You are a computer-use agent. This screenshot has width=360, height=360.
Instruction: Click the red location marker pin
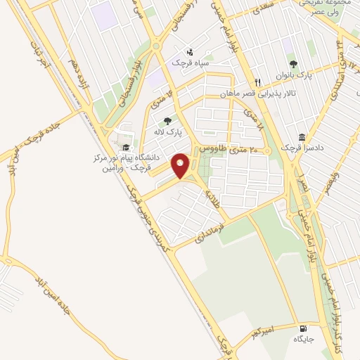coord(181,165)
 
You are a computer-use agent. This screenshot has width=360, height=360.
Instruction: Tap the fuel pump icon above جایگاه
coord(303,328)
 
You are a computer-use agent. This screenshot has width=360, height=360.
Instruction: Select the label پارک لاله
coord(169,131)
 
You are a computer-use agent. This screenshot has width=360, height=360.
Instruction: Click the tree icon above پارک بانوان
coord(303,64)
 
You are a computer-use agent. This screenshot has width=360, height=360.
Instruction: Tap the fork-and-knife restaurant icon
coord(259,82)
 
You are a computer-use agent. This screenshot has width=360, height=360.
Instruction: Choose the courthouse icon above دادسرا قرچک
coord(302,136)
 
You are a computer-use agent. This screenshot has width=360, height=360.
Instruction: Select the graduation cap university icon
coord(126,148)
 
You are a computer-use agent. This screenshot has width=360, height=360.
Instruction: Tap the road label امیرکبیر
coord(284,329)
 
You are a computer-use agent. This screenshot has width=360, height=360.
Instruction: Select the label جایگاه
coord(303,340)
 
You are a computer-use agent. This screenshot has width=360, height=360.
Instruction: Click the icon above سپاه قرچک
coord(190,51)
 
